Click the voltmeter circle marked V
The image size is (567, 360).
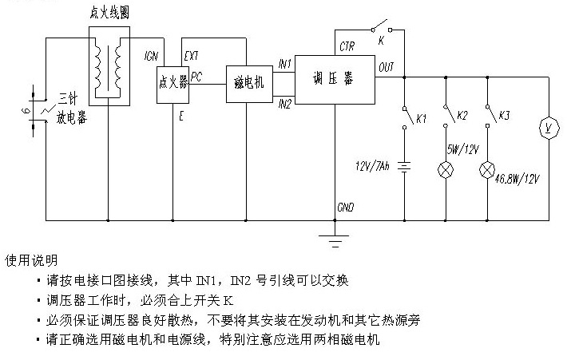click(549, 128)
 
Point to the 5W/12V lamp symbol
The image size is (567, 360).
click(446, 170)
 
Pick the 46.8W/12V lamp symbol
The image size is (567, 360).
click(487, 170)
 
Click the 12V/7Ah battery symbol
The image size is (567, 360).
click(404, 167)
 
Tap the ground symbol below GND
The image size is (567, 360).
click(335, 241)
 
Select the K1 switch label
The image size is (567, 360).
click(422, 118)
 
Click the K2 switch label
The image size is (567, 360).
click(462, 115)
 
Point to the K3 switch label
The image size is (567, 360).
click(504, 115)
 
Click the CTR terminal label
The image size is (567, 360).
click(347, 46)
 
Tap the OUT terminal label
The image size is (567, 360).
click(387, 67)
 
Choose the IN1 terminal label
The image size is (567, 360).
click(284, 65)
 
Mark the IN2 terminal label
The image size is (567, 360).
click(284, 105)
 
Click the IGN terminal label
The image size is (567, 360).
click(151, 56)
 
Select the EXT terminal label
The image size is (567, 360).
click(191, 56)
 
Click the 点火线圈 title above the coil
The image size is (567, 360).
click(109, 14)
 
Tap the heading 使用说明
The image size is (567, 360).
click(31, 260)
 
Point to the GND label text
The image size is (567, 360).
click(345, 207)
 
